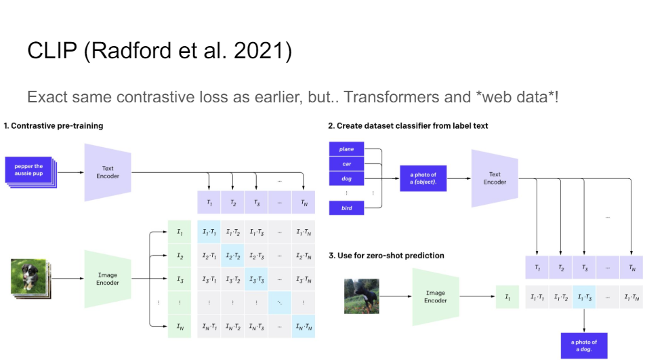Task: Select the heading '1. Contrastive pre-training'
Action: coord(54,125)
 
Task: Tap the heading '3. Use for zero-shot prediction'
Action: coord(386,256)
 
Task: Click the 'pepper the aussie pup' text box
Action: coord(28,170)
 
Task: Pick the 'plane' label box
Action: coord(346,149)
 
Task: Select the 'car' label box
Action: coord(346,164)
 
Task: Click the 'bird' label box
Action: coord(346,208)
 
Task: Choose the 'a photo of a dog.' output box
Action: coord(583,346)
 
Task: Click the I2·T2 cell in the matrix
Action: coord(232,256)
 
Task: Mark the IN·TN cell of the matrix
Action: coord(303,327)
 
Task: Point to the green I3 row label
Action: coord(180,279)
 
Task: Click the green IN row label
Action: coord(180,327)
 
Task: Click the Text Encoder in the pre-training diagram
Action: coord(107,172)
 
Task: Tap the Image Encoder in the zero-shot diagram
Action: coord(436,296)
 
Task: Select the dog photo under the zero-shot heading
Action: coord(362,296)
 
